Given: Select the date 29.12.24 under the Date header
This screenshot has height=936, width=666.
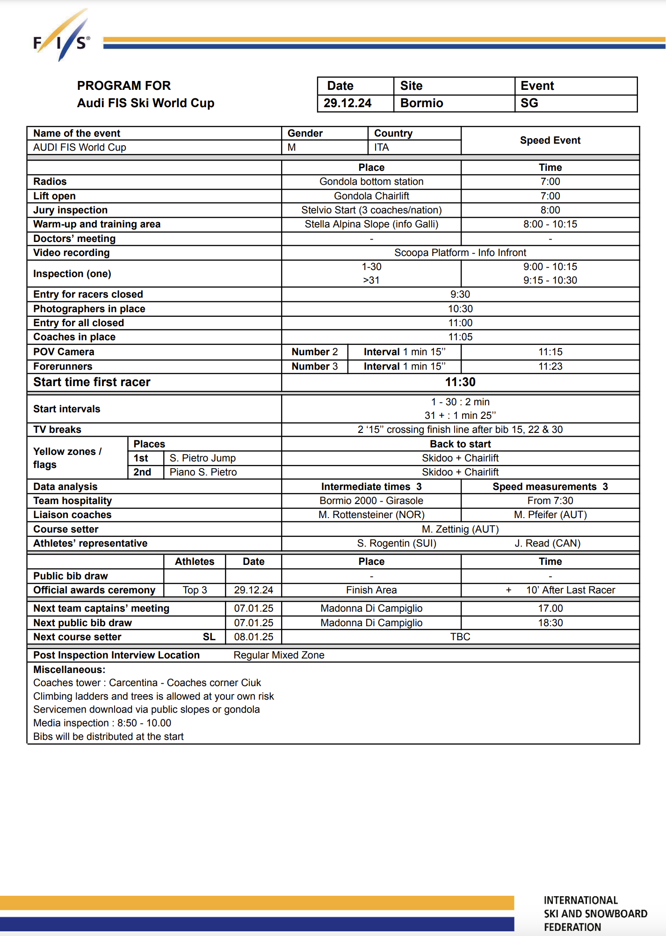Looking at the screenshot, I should click(347, 103).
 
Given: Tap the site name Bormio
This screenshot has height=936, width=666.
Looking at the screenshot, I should click(421, 103).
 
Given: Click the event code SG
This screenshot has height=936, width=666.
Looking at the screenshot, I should click(529, 103).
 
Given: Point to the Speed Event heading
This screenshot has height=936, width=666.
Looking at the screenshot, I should click(550, 140).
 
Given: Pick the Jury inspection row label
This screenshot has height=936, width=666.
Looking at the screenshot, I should click(70, 210).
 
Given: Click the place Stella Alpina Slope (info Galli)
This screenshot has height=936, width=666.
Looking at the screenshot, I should click(371, 224).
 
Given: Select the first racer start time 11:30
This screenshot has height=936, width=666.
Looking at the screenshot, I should click(460, 382).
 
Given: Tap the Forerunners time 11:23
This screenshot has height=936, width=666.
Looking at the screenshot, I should click(550, 366).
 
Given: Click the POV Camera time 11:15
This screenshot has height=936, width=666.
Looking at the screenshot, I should click(550, 352).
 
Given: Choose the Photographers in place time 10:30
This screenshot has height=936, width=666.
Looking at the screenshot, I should click(460, 309).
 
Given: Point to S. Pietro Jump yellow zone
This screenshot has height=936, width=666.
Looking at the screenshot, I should click(203, 458).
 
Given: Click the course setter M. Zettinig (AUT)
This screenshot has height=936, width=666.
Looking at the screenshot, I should click(460, 529).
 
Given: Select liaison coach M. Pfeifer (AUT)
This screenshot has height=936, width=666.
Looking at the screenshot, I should click(550, 515).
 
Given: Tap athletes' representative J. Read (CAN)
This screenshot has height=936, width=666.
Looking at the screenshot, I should click(547, 543).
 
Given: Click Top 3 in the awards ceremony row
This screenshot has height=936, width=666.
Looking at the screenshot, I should click(195, 590).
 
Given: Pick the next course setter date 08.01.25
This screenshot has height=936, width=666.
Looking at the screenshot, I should click(253, 637).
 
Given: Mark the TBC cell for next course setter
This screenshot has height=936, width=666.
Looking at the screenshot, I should click(460, 637).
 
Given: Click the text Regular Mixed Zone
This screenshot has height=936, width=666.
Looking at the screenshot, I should click(279, 655).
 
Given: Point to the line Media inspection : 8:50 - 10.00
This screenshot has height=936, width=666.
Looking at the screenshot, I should click(102, 723).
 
